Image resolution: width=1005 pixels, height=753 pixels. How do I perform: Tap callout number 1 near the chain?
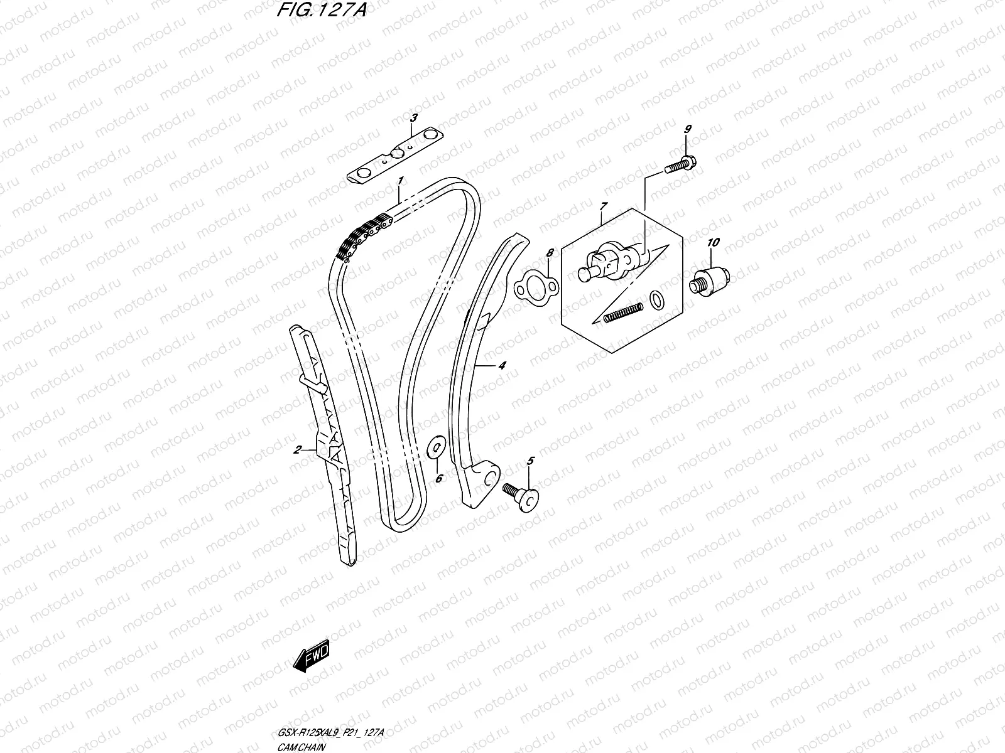pyautogui.click(x=399, y=182)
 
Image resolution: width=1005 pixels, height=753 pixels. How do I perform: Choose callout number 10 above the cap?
pyautogui.click(x=714, y=242)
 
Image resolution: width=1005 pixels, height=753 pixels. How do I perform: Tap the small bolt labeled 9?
pyautogui.click(x=681, y=164)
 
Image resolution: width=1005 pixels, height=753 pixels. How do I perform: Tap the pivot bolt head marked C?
pyautogui.click(x=527, y=501)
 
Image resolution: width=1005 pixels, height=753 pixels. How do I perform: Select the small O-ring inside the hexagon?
pyautogui.click(x=656, y=300)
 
